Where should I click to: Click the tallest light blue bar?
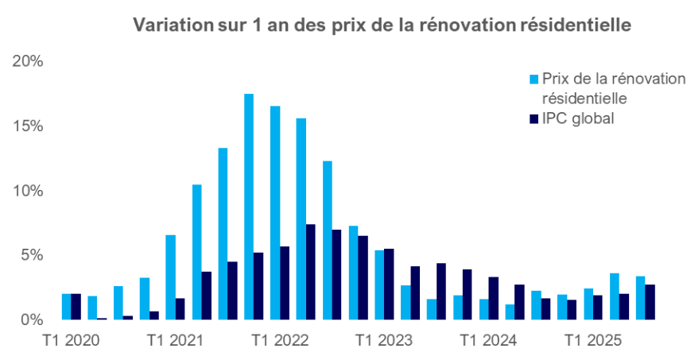click(x=249, y=207)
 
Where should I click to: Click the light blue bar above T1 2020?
click(x=67, y=307)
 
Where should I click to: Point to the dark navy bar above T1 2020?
click(x=76, y=307)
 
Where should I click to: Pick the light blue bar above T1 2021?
click(x=170, y=277)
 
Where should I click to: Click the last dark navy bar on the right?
click(x=650, y=302)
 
